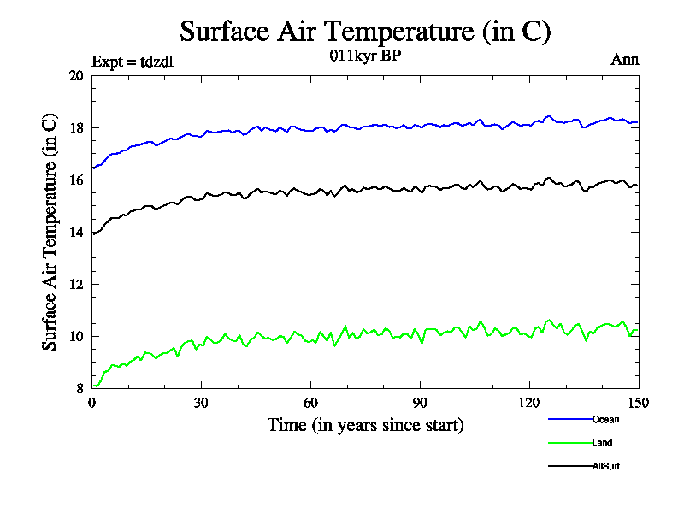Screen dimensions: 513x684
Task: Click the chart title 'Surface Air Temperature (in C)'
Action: [x=365, y=32]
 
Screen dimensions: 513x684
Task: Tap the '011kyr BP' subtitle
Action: [x=365, y=57]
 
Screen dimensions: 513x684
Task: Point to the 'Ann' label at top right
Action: [x=624, y=60]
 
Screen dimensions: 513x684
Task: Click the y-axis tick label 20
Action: [x=77, y=76]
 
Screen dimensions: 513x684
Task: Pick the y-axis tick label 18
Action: [x=77, y=128]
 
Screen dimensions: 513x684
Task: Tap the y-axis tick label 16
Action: [x=77, y=180]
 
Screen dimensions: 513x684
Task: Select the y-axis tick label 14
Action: [x=77, y=233]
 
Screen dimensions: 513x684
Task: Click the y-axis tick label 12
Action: [x=77, y=285]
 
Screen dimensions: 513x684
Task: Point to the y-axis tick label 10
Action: [x=77, y=337]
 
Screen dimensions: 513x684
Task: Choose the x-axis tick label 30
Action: [x=201, y=404]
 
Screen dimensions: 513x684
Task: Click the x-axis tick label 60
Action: [x=310, y=404]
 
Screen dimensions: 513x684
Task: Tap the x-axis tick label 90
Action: [x=420, y=404]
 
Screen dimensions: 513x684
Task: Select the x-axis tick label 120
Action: [x=529, y=404]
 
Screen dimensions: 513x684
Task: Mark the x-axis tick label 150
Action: [x=638, y=404]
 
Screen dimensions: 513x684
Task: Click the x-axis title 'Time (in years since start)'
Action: [x=365, y=425]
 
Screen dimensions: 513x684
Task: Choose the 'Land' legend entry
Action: [x=602, y=443]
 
